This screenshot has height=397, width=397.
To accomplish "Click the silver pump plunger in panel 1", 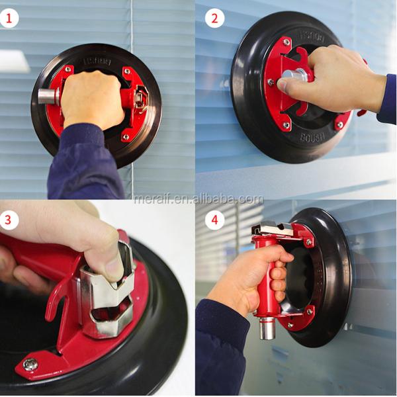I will coord(47,97).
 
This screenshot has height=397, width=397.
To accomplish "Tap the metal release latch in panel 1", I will coord(141,99).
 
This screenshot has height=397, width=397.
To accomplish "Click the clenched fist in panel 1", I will coord(93,99).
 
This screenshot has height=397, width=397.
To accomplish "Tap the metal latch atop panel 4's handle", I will coord(275,229).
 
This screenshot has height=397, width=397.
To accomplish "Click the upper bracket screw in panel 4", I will coord(308,242).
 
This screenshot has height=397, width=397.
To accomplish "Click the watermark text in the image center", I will coord(198,198).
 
